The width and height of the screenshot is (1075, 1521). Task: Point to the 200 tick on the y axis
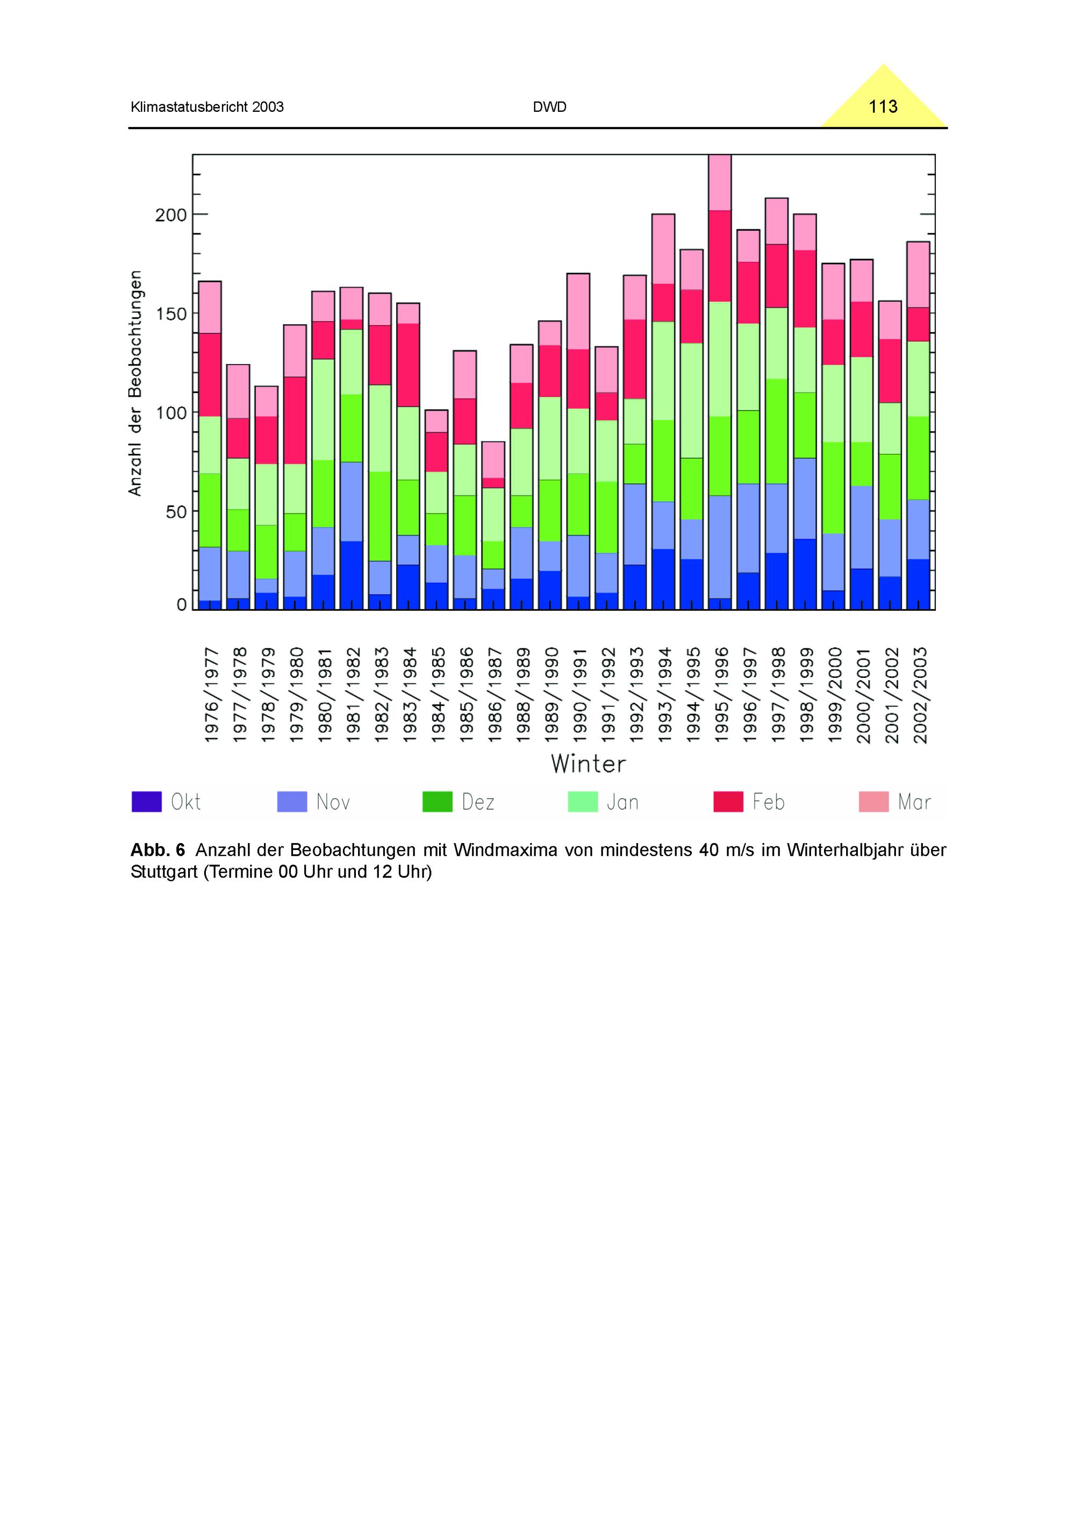point(171,215)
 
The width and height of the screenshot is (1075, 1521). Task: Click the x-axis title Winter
point(588,764)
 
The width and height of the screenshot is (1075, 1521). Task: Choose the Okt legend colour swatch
point(146,802)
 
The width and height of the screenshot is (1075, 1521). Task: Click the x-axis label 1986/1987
point(493,695)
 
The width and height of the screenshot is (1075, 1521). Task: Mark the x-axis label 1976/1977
point(211,695)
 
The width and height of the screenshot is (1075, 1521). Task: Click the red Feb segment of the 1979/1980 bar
point(295,420)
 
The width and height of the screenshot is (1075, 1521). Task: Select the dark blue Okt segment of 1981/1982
point(351,575)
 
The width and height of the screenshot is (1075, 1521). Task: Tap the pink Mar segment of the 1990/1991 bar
point(578,311)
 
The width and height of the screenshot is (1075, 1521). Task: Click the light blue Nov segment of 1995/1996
point(720,547)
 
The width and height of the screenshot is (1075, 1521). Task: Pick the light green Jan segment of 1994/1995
point(692,400)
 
